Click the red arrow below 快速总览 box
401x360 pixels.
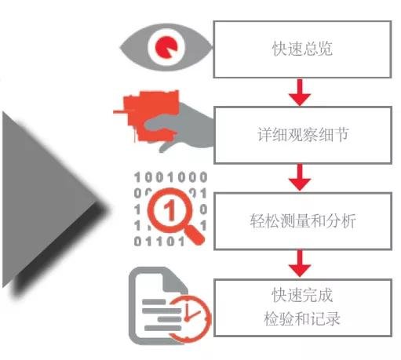[300, 93]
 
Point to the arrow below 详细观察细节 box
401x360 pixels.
[300, 177]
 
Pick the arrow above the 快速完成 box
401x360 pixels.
[300, 264]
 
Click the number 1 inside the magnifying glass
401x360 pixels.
[170, 209]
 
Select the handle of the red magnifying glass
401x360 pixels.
[194, 235]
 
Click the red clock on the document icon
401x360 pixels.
[189, 318]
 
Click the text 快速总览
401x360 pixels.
[302, 49]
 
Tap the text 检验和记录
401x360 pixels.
[302, 318]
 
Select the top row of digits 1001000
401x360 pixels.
[171, 177]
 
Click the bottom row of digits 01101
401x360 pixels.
[159, 242]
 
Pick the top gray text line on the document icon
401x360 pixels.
[154, 302]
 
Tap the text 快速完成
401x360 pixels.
[302, 295]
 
